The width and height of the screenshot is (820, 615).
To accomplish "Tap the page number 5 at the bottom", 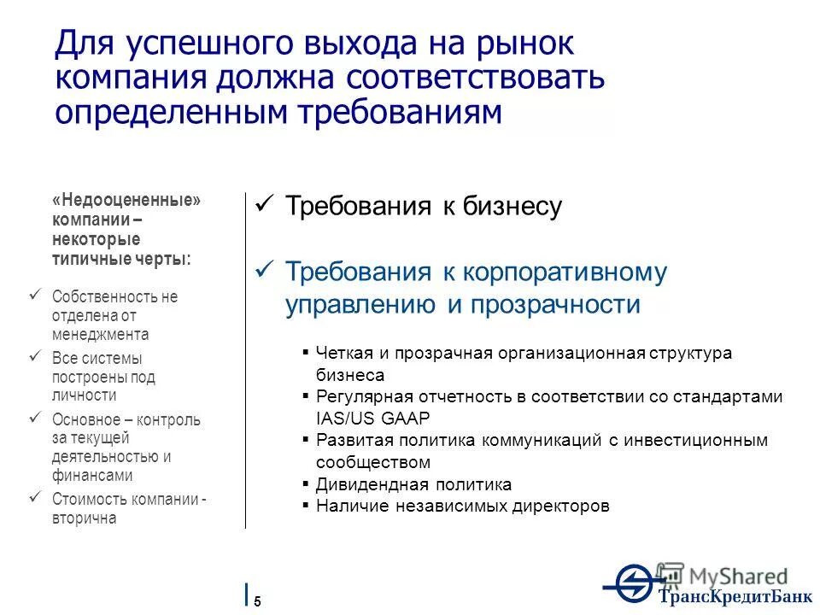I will (x=257, y=600).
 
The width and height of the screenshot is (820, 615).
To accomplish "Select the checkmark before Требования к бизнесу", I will (x=264, y=206).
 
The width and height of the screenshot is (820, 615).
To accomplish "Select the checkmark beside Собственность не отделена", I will (x=35, y=296).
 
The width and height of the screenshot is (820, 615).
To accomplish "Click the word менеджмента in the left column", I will (x=100, y=334).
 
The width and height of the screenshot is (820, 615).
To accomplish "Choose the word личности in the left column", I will (x=84, y=395).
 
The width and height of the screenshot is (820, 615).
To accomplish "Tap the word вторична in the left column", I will (x=84, y=518).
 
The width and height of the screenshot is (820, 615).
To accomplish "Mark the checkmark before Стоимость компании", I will (x=35, y=498).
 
